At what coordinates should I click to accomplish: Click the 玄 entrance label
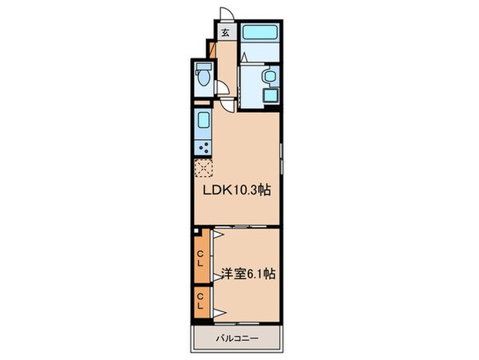point(226,33)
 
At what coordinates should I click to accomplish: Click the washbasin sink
point(268,76)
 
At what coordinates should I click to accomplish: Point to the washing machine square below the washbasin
point(268,94)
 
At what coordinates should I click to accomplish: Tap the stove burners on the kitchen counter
point(203,147)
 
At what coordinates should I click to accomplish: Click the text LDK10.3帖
point(239,191)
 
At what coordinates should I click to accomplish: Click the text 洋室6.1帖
point(248,273)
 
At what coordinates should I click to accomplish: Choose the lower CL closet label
point(201,304)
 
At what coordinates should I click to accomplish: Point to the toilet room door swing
point(228,91)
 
